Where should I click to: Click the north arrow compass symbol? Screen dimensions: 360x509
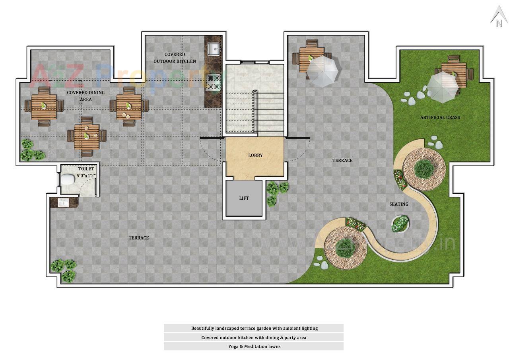[x=498, y=18]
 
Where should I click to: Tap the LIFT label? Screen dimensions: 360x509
[x=244, y=198]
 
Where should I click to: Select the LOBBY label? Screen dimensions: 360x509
[x=255, y=155]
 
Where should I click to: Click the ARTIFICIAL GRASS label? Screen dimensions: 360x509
[x=440, y=117]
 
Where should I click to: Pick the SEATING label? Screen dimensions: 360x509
[x=398, y=204]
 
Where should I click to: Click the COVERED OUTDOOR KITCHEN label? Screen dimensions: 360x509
[x=175, y=58]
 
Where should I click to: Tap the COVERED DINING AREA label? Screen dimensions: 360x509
[x=85, y=96]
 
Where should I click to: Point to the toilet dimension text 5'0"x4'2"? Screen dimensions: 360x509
[x=86, y=175]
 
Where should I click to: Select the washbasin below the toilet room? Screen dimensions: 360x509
[x=64, y=202]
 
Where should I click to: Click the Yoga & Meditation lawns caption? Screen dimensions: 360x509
[x=254, y=346]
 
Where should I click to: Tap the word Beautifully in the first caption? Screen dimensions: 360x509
[x=202, y=328]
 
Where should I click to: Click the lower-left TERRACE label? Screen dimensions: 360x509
[x=138, y=238]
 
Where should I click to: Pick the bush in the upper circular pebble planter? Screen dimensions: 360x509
[x=424, y=168]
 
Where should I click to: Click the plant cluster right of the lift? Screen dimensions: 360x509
[x=276, y=191]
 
